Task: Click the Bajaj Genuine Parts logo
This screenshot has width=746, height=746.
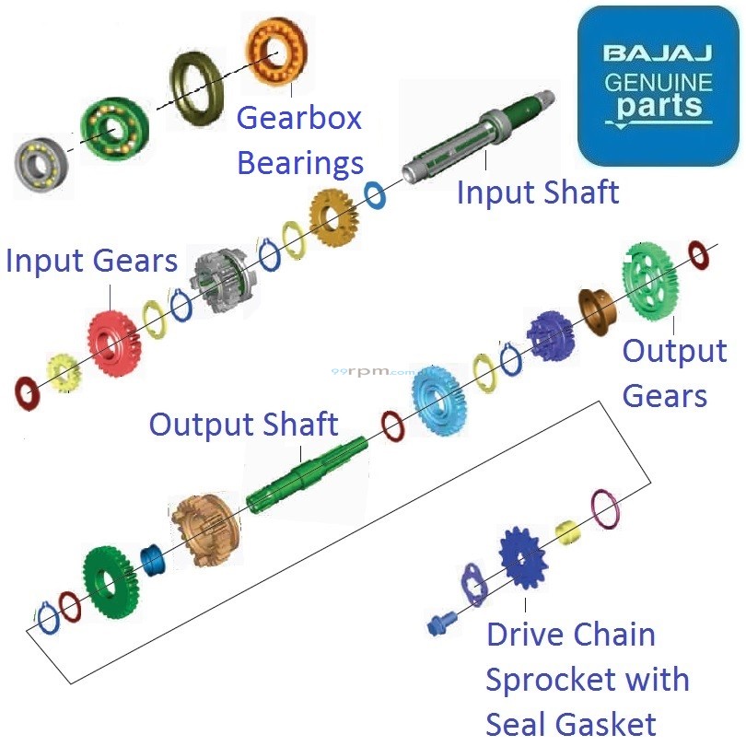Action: [657, 85]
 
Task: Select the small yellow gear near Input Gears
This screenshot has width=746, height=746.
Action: [63, 371]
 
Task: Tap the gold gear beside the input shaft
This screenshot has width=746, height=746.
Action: [332, 218]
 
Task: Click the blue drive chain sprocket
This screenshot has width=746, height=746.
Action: [523, 557]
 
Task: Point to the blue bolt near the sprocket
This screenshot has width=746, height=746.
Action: [438, 624]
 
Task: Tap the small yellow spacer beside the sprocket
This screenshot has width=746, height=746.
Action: [567, 532]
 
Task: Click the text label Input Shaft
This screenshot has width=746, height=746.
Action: [538, 193]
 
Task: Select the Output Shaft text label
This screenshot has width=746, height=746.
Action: [243, 425]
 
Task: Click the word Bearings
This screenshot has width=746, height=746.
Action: [300, 163]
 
